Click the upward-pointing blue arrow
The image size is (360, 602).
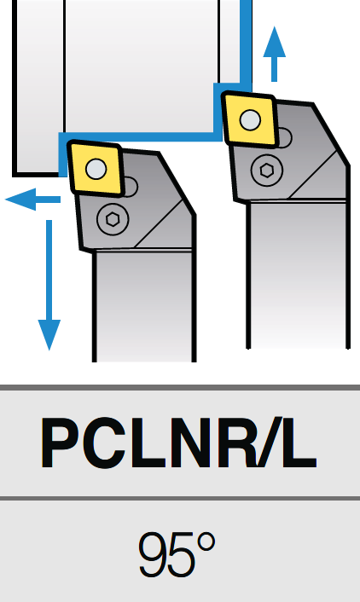point(274,54)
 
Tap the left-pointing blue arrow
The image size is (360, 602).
point(32,200)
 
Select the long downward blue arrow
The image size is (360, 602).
point(49,285)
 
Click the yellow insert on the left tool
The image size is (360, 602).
point(96,168)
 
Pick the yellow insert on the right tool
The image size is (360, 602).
point(250,119)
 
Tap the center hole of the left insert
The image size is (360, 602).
point(96,169)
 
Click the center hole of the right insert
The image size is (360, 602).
point(250,119)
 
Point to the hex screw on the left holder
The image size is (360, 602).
point(113,219)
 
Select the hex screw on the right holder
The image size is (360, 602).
point(267,170)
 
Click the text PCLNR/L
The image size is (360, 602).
point(178,443)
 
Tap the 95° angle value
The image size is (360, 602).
point(177,554)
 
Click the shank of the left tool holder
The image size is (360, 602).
point(144,306)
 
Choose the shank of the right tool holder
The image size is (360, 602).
point(298,275)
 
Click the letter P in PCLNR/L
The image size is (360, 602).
point(61,443)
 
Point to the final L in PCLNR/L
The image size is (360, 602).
point(299,443)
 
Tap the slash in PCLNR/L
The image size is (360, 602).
point(270,443)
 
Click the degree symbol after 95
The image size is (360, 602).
point(206,542)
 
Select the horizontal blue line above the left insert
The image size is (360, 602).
point(140,136)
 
